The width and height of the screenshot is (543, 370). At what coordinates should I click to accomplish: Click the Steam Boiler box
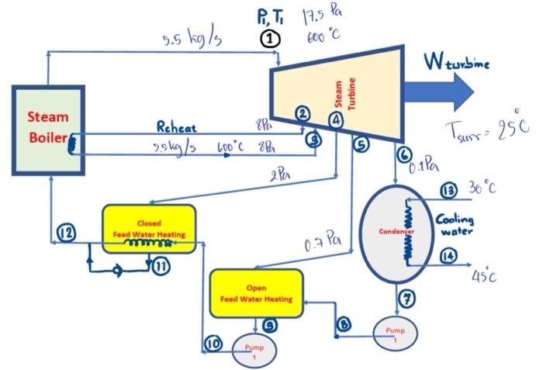coord(48,129)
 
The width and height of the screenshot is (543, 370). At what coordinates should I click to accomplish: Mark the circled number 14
coord(447,258)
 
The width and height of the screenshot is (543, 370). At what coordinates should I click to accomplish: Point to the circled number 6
coord(403,154)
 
